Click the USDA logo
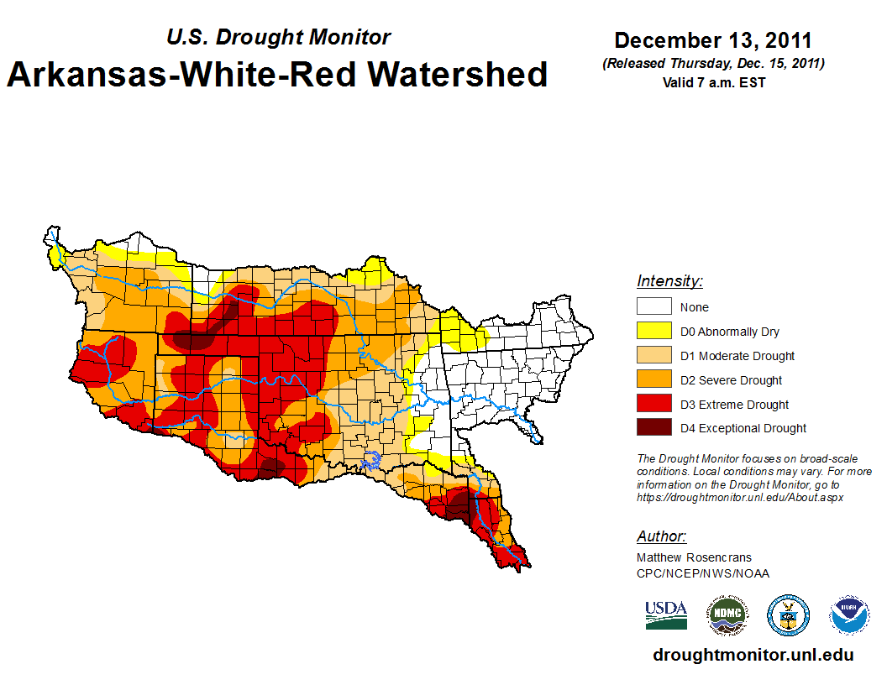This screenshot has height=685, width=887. click(666, 614)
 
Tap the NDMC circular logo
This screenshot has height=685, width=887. click(727, 615)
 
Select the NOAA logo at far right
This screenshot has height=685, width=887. click(849, 615)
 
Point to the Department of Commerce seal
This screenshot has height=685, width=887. click(789, 615)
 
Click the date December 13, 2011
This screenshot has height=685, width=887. click(713, 40)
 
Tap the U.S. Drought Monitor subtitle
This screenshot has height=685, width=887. click(278, 37)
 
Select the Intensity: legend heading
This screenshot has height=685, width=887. click(669, 281)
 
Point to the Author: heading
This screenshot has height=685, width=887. click(661, 536)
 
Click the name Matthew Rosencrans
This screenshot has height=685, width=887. click(694, 557)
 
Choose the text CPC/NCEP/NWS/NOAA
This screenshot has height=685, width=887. click(703, 573)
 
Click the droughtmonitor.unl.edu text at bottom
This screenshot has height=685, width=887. click(753, 655)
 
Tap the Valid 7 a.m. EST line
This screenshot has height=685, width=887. click(713, 82)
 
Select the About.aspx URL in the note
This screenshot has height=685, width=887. click(740, 497)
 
